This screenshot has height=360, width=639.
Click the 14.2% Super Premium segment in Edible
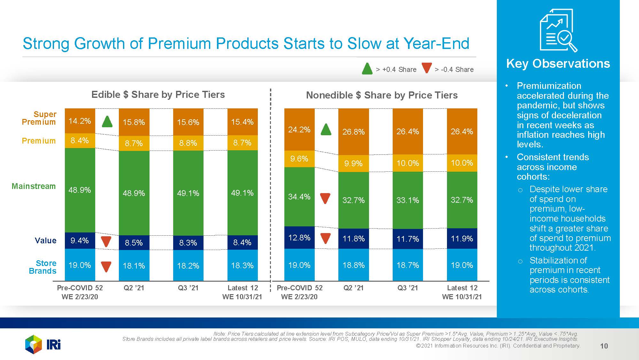tap(80, 121)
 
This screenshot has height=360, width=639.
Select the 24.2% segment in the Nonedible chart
tap(299, 129)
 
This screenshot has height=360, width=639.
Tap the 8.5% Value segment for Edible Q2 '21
tap(134, 243)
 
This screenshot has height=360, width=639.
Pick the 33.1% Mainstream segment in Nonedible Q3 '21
tap(408, 200)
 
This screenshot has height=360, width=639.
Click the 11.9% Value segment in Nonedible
tap(462, 239)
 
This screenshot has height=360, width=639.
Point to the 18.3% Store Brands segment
tap(242, 265)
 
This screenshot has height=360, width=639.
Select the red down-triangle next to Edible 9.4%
tap(106, 241)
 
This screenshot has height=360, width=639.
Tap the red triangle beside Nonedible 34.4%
tap(325, 198)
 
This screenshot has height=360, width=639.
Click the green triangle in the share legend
tap(367, 69)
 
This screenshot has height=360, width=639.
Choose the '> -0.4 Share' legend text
tap(454, 69)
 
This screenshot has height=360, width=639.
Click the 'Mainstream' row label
tap(34, 186)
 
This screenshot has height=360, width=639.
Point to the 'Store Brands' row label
tap(42, 267)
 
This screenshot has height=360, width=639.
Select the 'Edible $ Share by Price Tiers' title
tap(158, 95)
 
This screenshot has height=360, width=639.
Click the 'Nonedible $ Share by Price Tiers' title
tap(382, 95)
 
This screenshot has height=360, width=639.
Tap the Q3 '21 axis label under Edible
tap(188, 288)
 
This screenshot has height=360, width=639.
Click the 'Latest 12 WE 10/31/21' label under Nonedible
tap(462, 292)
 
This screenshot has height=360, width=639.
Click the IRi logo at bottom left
tap(43, 344)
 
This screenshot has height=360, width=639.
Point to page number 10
tap(604, 346)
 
